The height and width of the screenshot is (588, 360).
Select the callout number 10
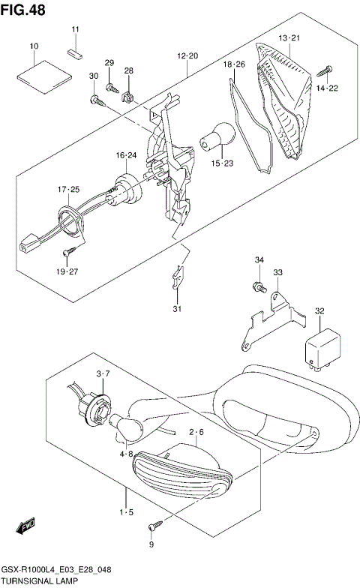[x=34, y=46]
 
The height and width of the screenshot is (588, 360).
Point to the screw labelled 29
[x=113, y=88]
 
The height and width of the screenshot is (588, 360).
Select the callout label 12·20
[x=187, y=56]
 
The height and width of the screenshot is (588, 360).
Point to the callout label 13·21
[x=289, y=37]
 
